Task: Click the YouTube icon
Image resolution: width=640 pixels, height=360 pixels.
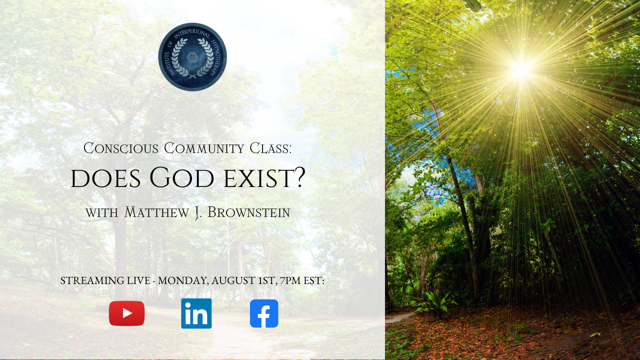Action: [126, 313]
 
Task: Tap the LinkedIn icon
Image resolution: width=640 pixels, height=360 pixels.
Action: [196, 313]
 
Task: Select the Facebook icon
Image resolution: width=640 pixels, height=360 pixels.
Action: [264, 313]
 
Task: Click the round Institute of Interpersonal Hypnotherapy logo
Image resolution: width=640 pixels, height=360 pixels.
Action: [192, 57]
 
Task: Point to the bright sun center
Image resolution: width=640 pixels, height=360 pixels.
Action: [521, 69]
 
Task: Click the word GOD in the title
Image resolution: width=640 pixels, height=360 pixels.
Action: [181, 178]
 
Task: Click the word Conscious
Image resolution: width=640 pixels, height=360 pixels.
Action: [121, 148]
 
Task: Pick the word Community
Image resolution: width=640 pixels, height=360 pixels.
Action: [203, 148]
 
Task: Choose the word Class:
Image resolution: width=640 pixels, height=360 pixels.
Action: [270, 148]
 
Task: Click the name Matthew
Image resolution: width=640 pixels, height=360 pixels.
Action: [156, 212]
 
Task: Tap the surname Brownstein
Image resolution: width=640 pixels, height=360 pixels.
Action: [249, 212]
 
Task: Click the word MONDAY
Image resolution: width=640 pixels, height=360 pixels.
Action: [183, 281]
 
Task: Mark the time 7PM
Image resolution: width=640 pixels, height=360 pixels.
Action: [290, 280]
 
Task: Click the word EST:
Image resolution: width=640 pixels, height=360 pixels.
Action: [313, 280]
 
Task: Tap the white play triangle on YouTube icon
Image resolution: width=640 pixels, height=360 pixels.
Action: [127, 313]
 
